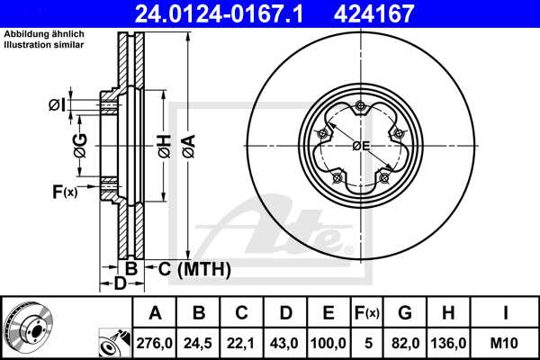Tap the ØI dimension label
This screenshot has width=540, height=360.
click(x=56, y=105)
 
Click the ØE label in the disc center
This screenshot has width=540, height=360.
click(x=361, y=146)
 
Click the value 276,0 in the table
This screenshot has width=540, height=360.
click(x=155, y=342)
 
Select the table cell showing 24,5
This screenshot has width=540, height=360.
click(x=198, y=342)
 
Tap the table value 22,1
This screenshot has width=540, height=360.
click(x=241, y=342)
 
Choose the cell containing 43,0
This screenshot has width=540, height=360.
click(x=285, y=342)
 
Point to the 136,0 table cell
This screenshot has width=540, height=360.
click(x=450, y=342)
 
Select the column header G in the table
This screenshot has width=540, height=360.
click(x=406, y=314)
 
